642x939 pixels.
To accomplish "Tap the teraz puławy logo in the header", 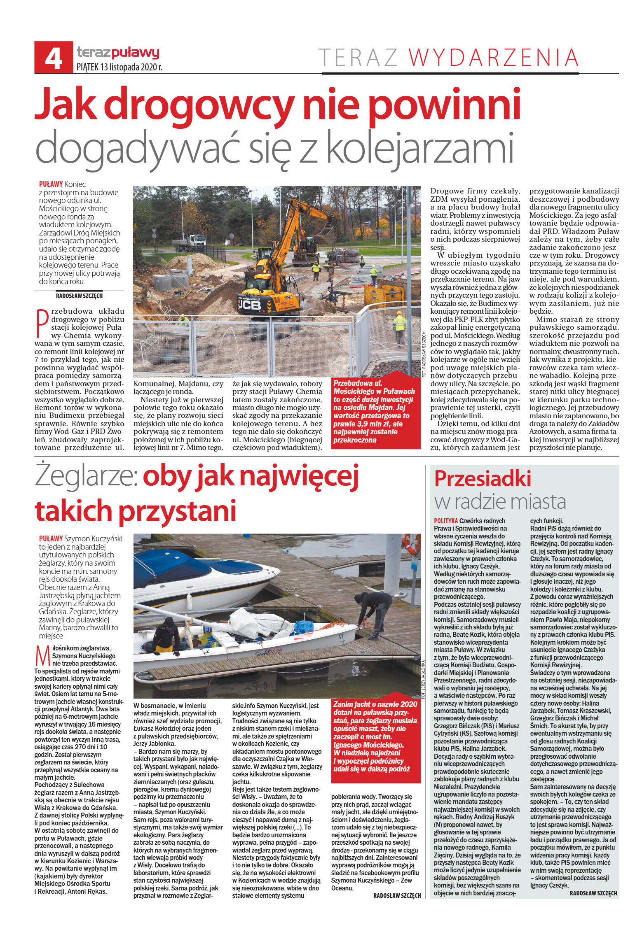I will pyautogui.click(x=117, y=52).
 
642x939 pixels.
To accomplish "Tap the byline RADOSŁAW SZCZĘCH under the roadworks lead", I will pyautogui.click(x=79, y=295).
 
